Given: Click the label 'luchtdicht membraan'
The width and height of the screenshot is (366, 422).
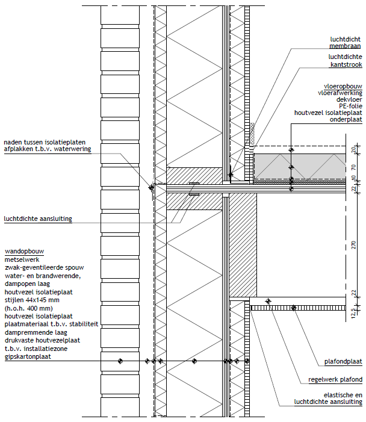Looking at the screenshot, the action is coord(346,43).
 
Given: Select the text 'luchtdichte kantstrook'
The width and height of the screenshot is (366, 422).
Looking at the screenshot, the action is coord(346,61).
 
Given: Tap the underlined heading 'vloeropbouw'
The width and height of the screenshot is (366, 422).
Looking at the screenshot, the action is coord(343,87).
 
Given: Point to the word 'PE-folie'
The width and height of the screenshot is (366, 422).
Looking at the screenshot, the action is coord(351,106).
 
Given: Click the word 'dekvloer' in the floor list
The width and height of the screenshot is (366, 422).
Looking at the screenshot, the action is coord(349,99).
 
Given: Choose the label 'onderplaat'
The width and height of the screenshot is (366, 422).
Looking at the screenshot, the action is coord(346,119).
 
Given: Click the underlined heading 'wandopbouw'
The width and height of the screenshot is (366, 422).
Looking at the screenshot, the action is coord(24,252).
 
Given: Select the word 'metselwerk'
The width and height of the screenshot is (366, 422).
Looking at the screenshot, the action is coord(22,259).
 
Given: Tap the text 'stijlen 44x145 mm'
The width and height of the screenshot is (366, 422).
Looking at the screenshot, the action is coord(32,300).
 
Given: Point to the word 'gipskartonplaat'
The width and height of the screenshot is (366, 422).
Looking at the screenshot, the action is coord(28,357).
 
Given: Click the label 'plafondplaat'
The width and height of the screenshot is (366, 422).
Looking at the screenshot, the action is coord(343,361).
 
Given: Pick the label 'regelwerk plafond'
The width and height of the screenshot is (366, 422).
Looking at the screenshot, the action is coord(335,379).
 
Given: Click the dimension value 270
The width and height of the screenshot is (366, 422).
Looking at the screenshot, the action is coord(353,245).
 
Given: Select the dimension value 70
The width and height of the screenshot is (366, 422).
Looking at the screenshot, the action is coord(353,167).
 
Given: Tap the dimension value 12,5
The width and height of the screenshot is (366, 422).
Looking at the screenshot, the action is coord(353,313).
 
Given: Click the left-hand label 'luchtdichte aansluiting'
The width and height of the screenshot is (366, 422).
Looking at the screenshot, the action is coord(38,219).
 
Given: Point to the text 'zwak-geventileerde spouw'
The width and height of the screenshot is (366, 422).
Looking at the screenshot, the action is coord(44,267).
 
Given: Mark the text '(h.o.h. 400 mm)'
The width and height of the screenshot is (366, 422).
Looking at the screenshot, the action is coord(28,308).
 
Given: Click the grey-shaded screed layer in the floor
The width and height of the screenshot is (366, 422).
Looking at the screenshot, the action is coord(300,166).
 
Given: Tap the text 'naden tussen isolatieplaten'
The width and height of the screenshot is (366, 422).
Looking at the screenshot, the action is coord(45,142).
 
